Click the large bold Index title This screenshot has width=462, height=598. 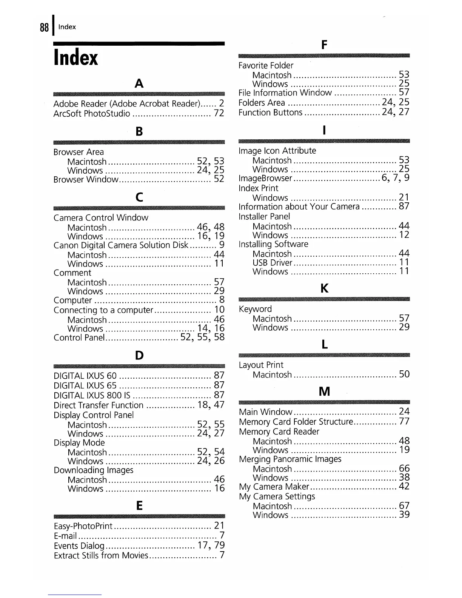[76, 58]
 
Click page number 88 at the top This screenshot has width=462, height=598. [44, 27]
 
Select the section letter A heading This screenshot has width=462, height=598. [139, 83]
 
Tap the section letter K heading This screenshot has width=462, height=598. [324, 289]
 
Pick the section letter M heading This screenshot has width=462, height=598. [324, 391]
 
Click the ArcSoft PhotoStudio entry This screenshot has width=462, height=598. [92, 114]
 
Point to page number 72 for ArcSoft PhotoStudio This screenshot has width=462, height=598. [219, 113]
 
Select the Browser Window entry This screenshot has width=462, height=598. [86, 180]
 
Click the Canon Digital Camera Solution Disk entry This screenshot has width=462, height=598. [121, 246]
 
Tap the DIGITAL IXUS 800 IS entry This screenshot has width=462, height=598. [92, 396]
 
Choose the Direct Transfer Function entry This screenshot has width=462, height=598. [99, 405]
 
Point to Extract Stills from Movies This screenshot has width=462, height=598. [101, 556]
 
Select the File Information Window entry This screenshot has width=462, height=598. [285, 93]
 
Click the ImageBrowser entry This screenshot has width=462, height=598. [265, 179]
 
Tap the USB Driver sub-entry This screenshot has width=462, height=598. [272, 263]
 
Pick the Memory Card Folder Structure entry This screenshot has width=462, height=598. [296, 422]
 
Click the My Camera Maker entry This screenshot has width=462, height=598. [274, 487]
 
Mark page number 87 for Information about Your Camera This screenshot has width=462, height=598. [404, 207]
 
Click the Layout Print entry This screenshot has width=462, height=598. [261, 365]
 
